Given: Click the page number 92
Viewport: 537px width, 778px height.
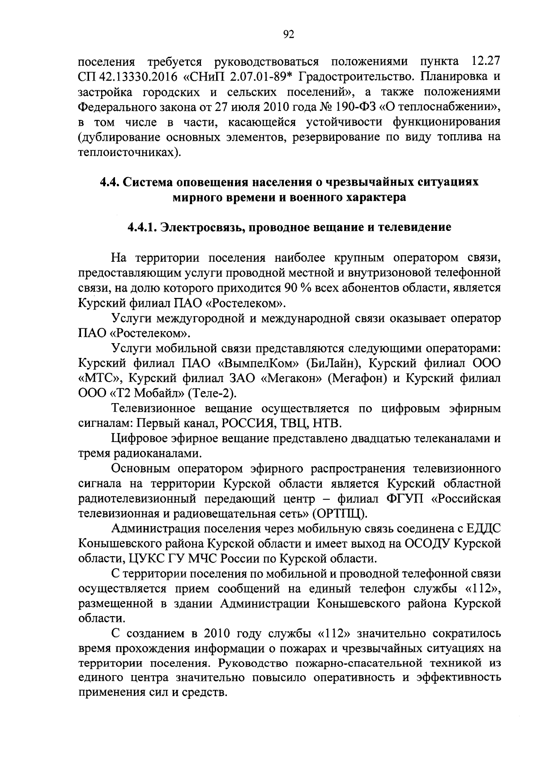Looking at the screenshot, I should click(x=288, y=35).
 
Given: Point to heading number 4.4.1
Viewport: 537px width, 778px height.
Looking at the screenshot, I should click(x=141, y=227).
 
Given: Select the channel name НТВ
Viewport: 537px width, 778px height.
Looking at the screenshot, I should click(x=327, y=424).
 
